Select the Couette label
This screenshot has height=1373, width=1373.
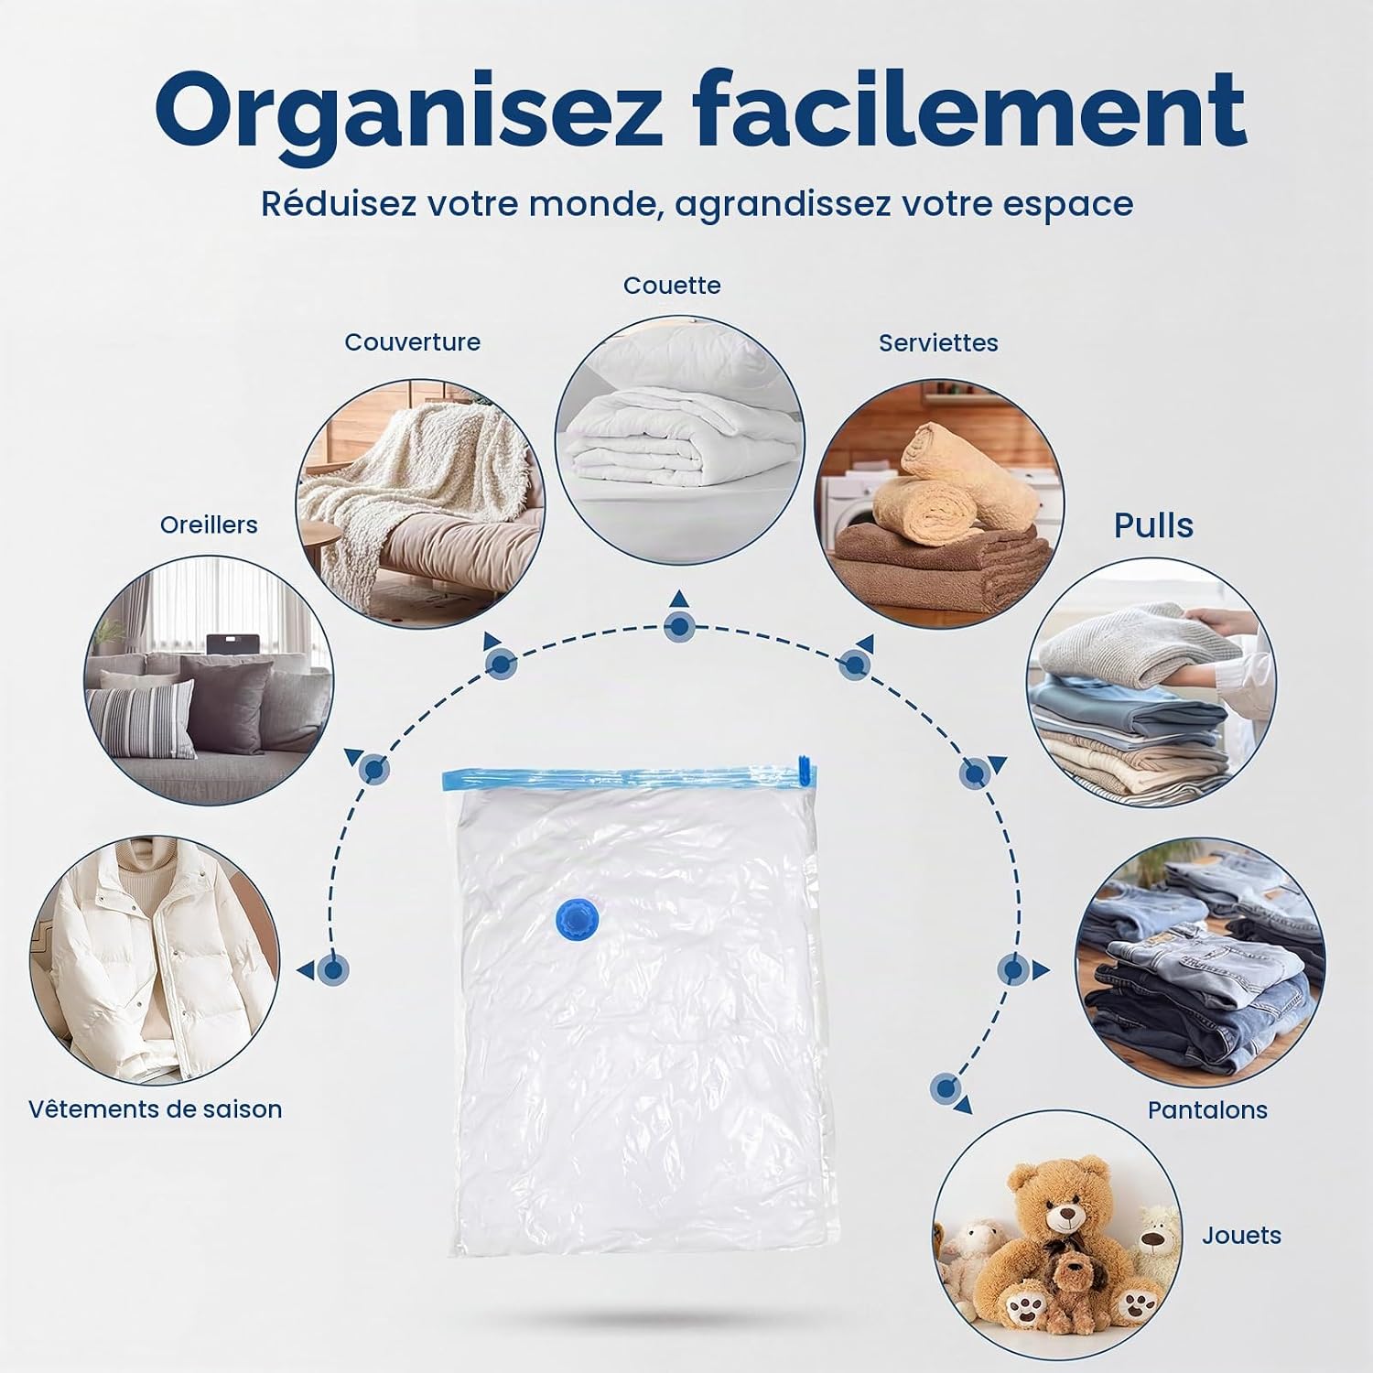672,286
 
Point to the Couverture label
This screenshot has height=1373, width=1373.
412,342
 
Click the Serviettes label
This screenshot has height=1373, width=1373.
938,343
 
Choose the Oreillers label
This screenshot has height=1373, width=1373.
209,524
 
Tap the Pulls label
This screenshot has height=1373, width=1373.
1153,525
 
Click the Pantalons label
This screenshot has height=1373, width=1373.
1207,1110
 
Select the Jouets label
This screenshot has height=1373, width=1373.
1241,1236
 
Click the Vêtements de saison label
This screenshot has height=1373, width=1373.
155,1109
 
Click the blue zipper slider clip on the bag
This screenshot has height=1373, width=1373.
805,770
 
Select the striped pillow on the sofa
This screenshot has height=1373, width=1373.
142,719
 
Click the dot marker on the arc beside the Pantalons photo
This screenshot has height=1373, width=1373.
1013,968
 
